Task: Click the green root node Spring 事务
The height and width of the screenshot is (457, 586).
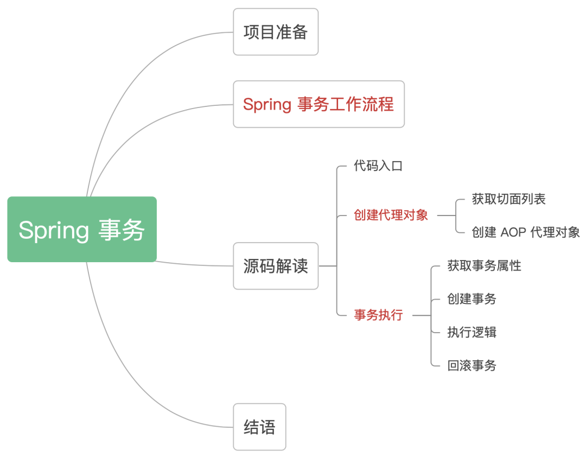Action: (x=82, y=230)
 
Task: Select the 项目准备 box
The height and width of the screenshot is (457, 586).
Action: (x=276, y=32)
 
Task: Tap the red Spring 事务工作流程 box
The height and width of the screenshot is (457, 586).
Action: (x=319, y=104)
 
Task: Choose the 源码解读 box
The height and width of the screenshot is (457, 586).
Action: (x=276, y=266)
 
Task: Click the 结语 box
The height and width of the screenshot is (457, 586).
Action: (x=259, y=427)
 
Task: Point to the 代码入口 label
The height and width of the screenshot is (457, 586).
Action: (x=378, y=166)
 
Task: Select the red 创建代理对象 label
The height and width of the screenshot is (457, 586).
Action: (x=391, y=215)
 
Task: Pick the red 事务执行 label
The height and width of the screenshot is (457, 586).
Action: (x=378, y=315)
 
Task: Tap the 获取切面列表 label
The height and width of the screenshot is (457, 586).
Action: (x=508, y=199)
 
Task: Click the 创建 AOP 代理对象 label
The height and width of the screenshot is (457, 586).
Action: (x=525, y=233)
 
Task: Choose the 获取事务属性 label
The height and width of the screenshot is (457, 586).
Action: (x=484, y=266)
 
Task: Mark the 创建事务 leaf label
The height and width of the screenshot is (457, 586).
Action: (x=472, y=299)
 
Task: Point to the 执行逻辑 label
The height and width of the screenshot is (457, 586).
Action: (x=472, y=332)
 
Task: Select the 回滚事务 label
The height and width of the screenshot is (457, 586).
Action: (x=472, y=365)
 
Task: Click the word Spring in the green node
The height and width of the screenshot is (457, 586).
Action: (x=53, y=230)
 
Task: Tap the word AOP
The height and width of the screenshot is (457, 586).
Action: (x=514, y=233)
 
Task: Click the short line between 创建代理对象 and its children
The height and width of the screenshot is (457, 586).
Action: (x=446, y=215)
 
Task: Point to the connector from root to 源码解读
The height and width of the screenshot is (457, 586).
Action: (x=195, y=265)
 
